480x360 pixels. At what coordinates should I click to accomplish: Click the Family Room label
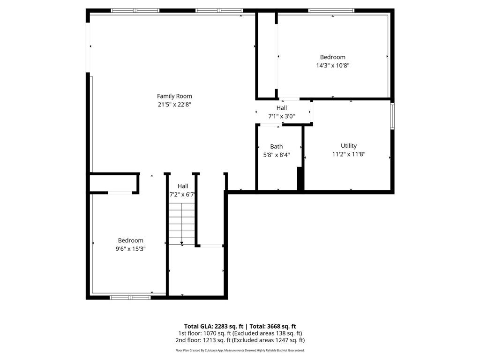coord(174,96)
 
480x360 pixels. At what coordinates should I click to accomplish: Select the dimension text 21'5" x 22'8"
coord(174,105)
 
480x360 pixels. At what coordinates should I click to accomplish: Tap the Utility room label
coord(349,146)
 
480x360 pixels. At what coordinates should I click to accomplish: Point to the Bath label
coord(276,147)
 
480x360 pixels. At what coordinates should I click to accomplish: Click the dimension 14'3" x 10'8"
coord(332,66)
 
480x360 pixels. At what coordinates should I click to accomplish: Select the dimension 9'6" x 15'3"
coord(131,249)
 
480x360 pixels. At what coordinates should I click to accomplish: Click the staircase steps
coord(182,224)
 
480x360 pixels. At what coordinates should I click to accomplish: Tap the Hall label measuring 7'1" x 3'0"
coord(281,108)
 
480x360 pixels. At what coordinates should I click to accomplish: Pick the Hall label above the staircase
coord(182,186)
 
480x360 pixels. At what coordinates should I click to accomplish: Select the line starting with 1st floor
coord(240,333)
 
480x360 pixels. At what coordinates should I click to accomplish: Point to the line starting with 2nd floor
coord(240,340)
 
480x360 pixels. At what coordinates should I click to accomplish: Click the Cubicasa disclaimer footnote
coord(240,350)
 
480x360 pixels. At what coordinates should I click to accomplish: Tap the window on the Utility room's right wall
coord(392,115)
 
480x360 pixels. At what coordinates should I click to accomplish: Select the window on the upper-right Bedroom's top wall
coord(331,10)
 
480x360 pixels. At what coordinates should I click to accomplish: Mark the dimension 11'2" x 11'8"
coord(349,154)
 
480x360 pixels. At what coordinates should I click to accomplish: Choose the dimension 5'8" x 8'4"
coord(276,155)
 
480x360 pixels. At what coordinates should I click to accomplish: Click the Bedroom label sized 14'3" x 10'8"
coord(332,57)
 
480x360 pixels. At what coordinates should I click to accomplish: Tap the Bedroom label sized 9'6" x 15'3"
coord(131,240)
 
